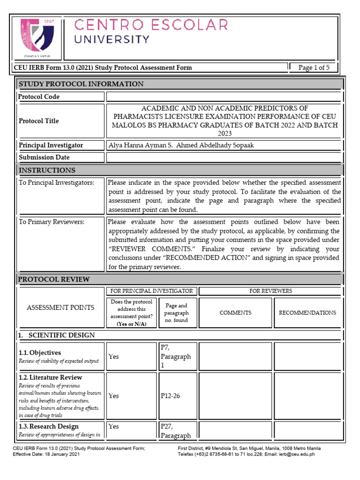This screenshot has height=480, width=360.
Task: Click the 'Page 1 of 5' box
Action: tap(314, 67)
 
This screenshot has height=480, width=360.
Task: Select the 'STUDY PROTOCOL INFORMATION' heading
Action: tap(81, 84)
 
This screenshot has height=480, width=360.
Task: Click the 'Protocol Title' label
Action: tap(39, 121)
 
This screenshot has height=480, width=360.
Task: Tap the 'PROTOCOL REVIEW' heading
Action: tap(53, 279)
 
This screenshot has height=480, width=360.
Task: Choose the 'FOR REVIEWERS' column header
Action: tap(270, 291)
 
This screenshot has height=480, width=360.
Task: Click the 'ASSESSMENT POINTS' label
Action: tap(60, 307)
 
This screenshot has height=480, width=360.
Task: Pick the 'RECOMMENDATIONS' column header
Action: tap(307, 313)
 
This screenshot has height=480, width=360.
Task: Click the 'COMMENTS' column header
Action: tap(235, 313)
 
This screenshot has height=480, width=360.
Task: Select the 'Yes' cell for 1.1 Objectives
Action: tap(114, 356)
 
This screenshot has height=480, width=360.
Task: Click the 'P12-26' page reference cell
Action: tap(170, 396)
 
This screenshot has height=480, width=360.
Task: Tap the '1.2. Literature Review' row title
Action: tap(50, 377)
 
